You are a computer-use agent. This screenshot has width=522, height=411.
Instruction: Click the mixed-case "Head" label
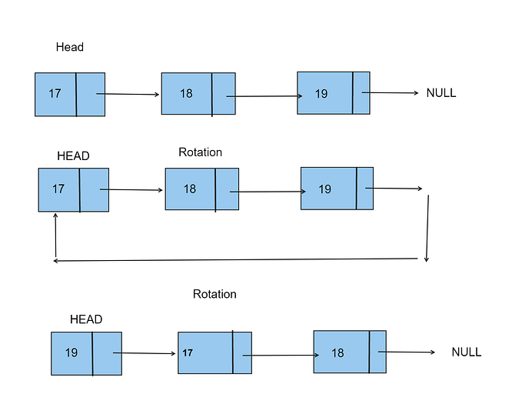point(69,47)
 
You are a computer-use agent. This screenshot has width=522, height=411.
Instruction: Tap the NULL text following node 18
point(466,352)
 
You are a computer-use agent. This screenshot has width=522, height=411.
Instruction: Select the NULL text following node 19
point(441,93)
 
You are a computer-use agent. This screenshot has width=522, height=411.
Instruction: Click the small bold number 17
point(188,353)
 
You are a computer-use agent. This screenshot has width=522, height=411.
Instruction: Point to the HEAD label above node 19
point(85,319)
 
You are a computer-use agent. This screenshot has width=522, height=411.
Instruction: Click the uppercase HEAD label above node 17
point(73,155)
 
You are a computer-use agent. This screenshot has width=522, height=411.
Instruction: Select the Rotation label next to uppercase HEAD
point(200,152)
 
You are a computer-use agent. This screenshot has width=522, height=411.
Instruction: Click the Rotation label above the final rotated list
point(214,294)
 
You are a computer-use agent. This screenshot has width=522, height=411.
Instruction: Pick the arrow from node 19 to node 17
point(145,354)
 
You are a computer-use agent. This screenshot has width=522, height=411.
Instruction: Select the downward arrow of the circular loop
point(427,228)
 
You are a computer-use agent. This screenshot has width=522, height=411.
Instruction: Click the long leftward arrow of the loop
point(238,260)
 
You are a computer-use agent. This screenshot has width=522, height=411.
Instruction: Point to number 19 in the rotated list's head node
point(71,353)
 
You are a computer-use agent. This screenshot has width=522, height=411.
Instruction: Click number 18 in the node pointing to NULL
point(337,353)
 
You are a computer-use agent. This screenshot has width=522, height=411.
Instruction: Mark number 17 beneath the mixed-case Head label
point(55,94)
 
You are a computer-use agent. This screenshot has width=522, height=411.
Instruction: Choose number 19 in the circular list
point(324,189)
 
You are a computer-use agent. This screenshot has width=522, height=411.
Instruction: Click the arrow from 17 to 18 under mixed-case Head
point(128,95)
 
